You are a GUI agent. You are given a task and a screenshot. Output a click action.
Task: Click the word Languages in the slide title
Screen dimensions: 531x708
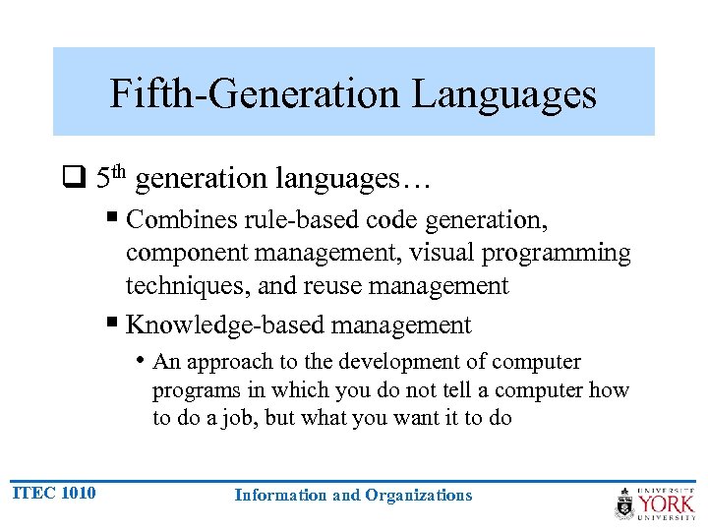pos(503,94)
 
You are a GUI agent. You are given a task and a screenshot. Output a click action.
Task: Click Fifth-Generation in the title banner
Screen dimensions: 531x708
pos(254,94)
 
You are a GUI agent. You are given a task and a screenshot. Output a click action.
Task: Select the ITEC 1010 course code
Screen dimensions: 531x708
pos(54,493)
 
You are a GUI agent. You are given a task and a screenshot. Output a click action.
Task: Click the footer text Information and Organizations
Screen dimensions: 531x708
pos(353,496)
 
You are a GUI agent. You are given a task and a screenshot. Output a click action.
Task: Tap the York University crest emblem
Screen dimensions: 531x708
pos(625,503)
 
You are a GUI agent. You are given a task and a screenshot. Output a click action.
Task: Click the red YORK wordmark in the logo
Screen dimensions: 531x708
pos(667,504)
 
